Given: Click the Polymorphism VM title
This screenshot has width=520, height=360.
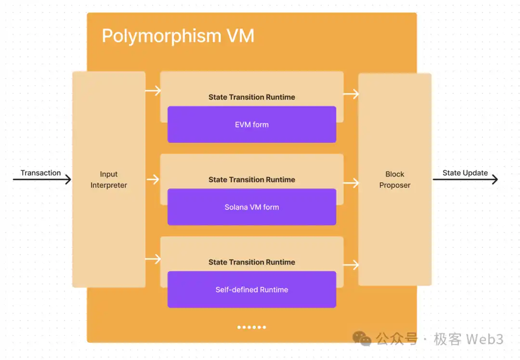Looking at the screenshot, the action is tap(178, 36).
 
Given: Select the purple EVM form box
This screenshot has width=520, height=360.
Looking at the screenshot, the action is tap(252, 124).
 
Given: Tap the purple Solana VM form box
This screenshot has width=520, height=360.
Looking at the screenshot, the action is tap(252, 207).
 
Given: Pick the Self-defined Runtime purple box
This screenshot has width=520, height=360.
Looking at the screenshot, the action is tap(252, 289).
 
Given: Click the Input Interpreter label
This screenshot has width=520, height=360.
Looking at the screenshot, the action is tap(109, 180).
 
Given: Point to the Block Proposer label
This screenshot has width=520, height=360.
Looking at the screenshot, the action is tap(395, 180).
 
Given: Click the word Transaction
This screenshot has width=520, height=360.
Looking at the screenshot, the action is tap(41, 173).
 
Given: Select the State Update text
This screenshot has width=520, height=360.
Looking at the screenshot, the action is tap(465, 173).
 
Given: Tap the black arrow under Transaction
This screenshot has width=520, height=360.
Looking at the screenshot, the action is tap(42, 180).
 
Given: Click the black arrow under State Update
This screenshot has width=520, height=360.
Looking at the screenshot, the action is tap(465, 180).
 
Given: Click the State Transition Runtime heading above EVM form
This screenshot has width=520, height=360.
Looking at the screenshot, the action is tap(252, 97).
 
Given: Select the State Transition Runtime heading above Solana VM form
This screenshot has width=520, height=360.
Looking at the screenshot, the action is tap(252, 180).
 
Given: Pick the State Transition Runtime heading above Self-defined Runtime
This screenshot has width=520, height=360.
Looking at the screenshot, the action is tap(252, 262).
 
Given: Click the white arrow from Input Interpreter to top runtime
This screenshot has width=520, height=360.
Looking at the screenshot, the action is tap(153, 90).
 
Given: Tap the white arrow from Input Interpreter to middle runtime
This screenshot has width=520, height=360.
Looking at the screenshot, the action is tap(153, 180).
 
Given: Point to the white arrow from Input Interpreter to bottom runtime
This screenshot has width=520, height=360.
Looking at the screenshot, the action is tap(153, 259).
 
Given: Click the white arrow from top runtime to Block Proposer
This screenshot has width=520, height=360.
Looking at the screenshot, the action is tap(351, 94).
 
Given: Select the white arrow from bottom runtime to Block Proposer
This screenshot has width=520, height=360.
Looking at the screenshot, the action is tap(351, 265).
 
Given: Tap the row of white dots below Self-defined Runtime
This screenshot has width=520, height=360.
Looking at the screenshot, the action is tap(252, 327).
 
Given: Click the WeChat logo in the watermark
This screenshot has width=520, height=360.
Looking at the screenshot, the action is tap(362, 339).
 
